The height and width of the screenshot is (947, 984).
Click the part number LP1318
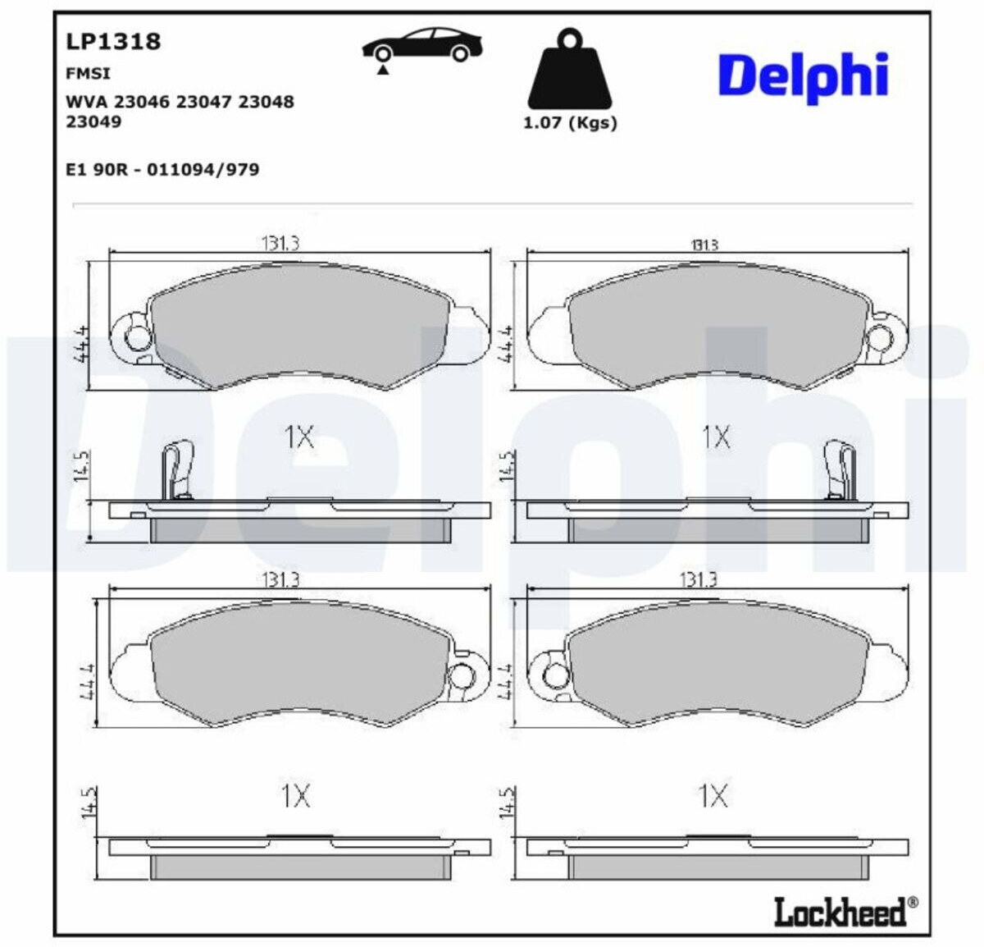coord(113,42)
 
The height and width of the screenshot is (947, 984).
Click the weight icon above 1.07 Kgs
coord(570,68)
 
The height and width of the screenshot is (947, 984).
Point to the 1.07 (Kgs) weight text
coord(570,123)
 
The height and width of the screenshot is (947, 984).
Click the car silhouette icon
coord(422,47)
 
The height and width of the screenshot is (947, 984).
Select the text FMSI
coord(88,74)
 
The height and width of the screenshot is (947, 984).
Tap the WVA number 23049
coord(93,122)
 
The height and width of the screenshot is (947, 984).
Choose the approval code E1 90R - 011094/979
coord(162,170)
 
